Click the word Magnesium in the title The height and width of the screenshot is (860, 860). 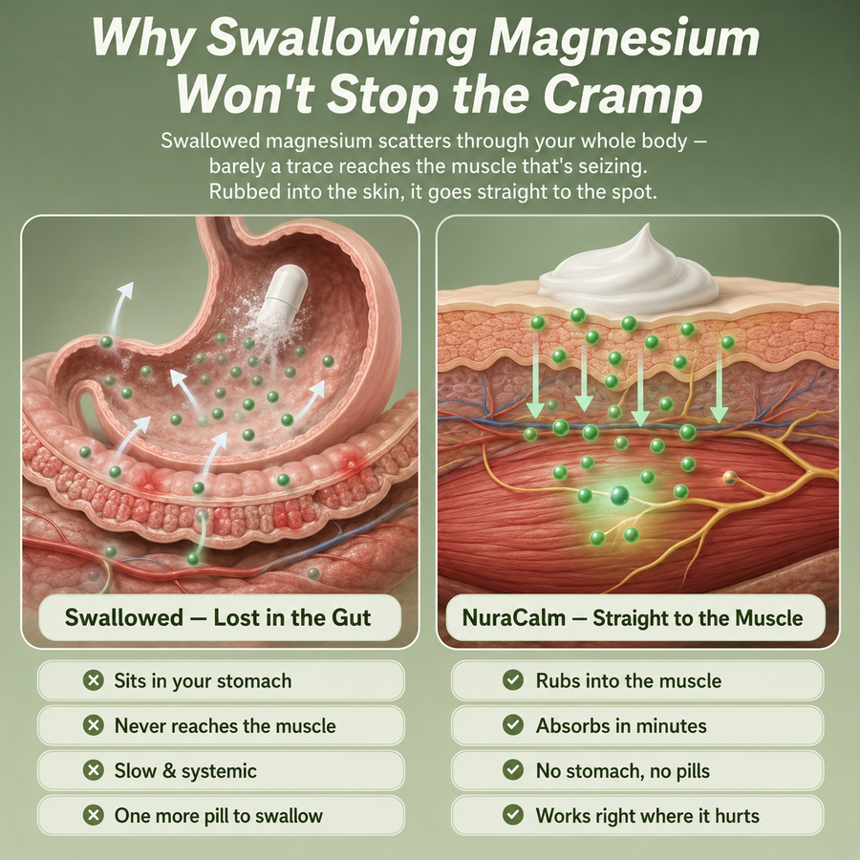624,38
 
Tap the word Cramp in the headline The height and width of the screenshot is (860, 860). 622,96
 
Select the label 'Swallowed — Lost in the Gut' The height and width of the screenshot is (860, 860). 218,617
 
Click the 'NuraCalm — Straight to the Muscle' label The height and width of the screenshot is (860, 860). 633,618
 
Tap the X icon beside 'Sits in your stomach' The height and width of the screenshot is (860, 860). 94,680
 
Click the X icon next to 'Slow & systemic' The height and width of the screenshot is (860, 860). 94,770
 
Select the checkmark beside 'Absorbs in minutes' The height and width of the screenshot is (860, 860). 513,725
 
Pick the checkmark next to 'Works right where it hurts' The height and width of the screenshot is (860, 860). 513,816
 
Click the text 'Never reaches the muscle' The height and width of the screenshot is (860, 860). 225,725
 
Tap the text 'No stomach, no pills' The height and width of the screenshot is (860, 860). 622,770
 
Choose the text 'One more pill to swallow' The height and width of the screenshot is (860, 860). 218,816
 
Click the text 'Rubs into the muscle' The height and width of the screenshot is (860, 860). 629,680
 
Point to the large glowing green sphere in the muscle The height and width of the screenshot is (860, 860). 620,495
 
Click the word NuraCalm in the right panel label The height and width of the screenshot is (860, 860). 513,618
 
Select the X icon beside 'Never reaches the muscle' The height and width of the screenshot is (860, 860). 94,725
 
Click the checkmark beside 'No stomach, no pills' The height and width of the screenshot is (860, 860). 513,770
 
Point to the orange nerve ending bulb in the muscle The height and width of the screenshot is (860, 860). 729,478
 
